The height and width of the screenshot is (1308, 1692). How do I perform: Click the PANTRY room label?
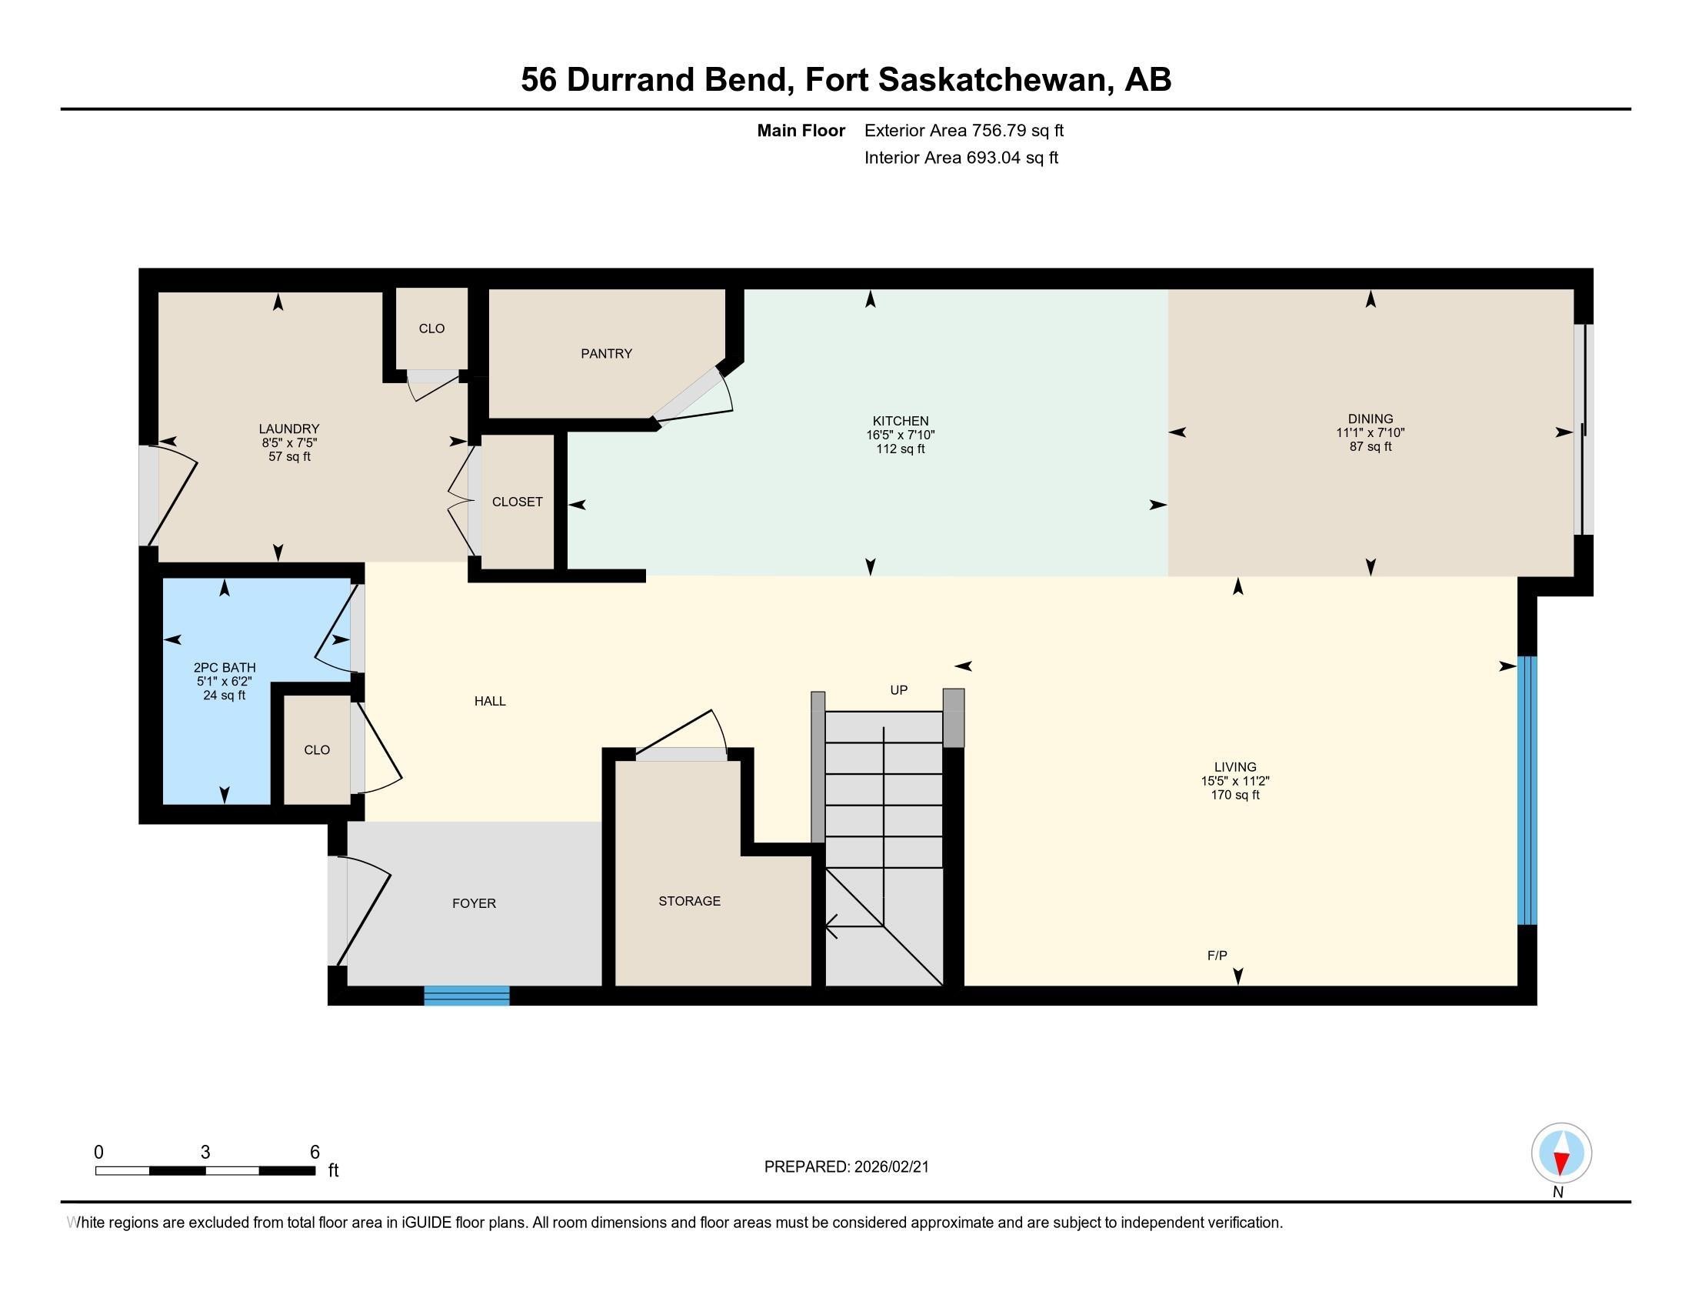[606, 353]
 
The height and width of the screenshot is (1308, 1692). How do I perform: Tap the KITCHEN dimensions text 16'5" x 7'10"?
[901, 435]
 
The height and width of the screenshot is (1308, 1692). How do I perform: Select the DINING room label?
[1370, 419]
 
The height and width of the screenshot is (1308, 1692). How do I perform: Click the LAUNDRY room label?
[289, 429]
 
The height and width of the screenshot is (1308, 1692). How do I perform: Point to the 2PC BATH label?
[224, 667]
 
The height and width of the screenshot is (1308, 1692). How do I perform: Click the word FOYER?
[473, 903]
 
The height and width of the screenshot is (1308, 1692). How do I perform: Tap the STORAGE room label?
[689, 900]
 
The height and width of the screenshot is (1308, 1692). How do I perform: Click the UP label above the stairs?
[898, 689]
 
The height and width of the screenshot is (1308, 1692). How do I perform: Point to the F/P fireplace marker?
[1217, 956]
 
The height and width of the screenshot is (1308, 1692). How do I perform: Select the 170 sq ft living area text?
[1235, 795]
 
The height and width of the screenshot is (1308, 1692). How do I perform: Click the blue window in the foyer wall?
[466, 996]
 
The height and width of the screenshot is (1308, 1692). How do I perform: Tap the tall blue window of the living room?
[1526, 790]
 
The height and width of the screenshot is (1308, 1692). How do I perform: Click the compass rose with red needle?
[1561, 1153]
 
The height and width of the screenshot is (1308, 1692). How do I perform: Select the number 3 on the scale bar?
[205, 1153]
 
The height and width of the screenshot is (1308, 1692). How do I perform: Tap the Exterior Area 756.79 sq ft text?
[964, 130]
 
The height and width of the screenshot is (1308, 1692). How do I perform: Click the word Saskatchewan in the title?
[991, 79]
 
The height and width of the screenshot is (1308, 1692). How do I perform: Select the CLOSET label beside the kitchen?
[517, 502]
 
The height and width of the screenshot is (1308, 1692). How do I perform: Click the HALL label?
[490, 700]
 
